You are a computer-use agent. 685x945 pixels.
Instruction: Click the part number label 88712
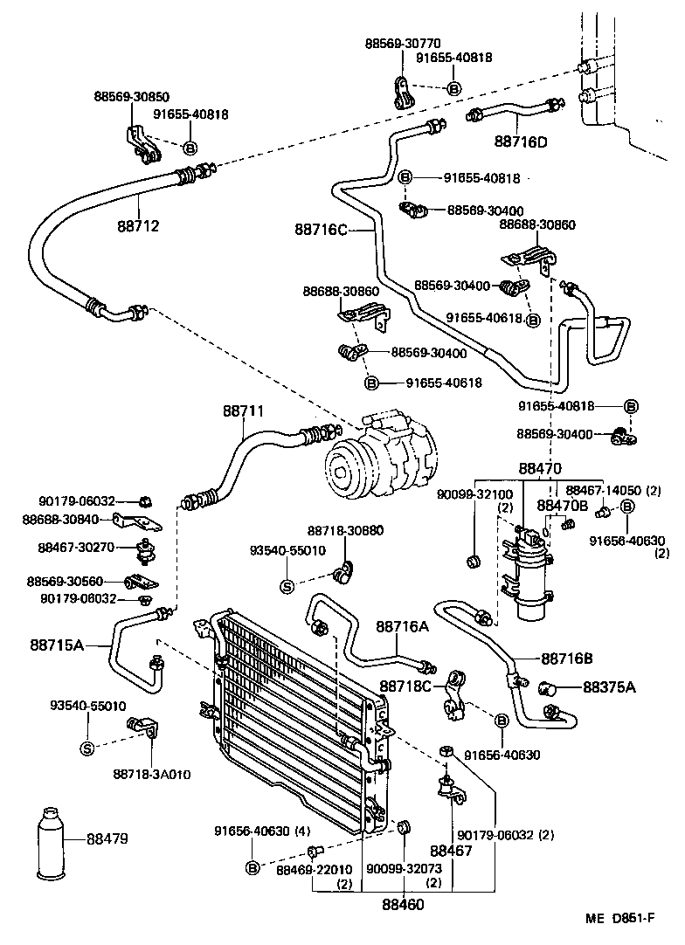(x=139, y=226)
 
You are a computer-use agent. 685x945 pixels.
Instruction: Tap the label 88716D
(x=520, y=141)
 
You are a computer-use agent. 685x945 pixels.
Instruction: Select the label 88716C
(x=321, y=230)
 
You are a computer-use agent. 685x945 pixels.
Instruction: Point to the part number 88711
(x=242, y=410)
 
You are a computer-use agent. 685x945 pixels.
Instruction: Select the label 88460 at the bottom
(x=402, y=904)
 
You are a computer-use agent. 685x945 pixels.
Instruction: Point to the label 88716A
(x=403, y=626)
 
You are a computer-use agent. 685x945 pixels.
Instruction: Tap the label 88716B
(x=567, y=659)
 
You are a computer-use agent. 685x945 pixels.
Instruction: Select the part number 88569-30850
(x=132, y=97)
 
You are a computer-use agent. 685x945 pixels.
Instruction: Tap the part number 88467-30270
(x=77, y=547)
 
